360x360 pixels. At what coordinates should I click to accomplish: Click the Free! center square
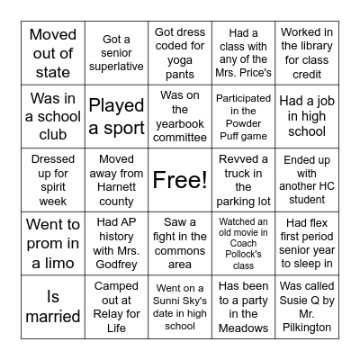point(180,180)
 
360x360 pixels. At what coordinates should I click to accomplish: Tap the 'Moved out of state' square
point(52,52)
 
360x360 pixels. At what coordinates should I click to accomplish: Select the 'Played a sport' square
point(116,116)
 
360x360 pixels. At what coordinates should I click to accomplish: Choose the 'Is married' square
point(52,307)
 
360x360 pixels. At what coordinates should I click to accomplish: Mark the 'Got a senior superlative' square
point(116,52)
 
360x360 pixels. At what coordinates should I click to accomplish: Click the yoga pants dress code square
point(180,52)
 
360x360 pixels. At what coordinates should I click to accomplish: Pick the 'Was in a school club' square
point(52,116)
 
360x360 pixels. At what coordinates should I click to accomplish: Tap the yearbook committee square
point(180,116)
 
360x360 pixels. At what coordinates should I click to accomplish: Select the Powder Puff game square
point(244,116)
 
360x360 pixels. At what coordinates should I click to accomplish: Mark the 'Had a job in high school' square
point(307,116)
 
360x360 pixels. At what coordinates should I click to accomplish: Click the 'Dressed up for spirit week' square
point(52,180)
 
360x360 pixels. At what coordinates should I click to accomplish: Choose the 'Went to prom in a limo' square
point(52,244)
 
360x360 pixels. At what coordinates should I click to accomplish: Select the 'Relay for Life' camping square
point(116,307)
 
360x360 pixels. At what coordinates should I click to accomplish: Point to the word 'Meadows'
point(244,330)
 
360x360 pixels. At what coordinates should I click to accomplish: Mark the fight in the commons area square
point(180,244)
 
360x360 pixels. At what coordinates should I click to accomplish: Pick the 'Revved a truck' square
point(244,180)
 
